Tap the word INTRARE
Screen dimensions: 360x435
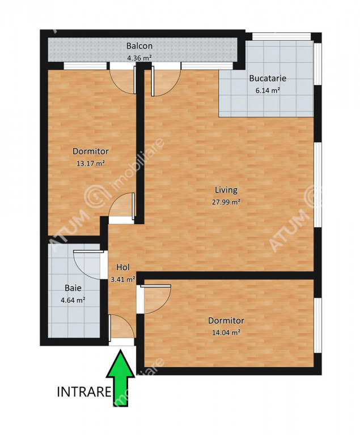click(84, 392)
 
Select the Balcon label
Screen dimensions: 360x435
click(139, 46)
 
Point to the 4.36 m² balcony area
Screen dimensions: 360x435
click(139, 58)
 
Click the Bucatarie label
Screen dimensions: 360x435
click(268, 78)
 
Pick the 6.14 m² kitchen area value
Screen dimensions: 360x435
click(268, 91)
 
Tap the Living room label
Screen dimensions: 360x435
click(226, 190)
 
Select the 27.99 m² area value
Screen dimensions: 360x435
click(226, 202)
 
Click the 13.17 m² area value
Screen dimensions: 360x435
click(91, 163)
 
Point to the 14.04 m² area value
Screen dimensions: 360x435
click(226, 332)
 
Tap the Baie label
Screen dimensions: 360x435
click(73, 288)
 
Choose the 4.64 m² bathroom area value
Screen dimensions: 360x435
click(73, 300)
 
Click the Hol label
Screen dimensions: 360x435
click(123, 267)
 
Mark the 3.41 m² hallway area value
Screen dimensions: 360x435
click(123, 279)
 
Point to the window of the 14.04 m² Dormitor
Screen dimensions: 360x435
click(318, 326)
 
